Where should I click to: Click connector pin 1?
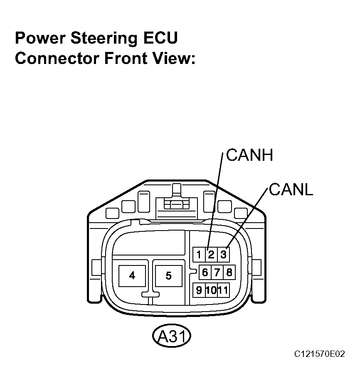[x=199, y=255]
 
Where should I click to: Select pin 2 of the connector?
[x=211, y=255]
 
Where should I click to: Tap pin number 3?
[x=223, y=255]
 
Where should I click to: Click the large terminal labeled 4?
[x=132, y=276]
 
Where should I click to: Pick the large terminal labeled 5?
[x=169, y=276]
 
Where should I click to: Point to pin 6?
[x=205, y=273]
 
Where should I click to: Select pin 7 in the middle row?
[x=217, y=273]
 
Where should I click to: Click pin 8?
[x=229, y=273]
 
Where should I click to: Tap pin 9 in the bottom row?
[x=199, y=290]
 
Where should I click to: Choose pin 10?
[x=211, y=290]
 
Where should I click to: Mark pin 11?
[x=223, y=290]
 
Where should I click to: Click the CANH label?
[x=249, y=155]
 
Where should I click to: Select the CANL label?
[x=291, y=190]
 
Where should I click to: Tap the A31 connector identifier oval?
[x=172, y=336]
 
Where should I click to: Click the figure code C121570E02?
[x=319, y=354]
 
